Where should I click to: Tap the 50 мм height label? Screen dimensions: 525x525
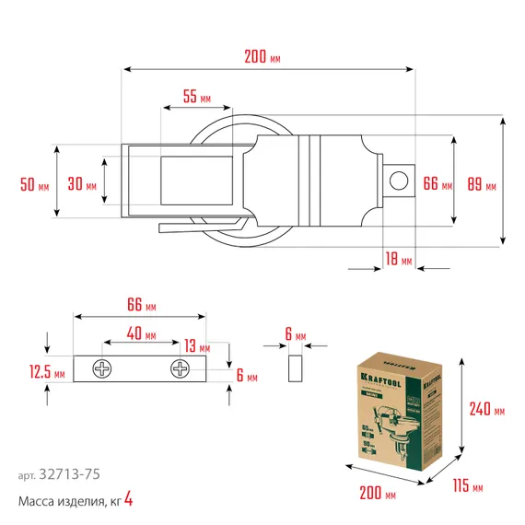[x=34, y=185]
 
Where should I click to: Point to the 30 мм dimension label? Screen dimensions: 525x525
[x=82, y=185]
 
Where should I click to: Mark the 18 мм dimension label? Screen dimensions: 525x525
[x=400, y=259]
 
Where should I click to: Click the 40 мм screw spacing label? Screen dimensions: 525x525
[x=141, y=332]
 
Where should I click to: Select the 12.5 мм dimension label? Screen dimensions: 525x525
[x=46, y=372]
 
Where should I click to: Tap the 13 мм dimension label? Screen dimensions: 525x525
[x=196, y=345]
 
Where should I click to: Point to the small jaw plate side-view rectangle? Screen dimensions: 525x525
[x=294, y=369]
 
